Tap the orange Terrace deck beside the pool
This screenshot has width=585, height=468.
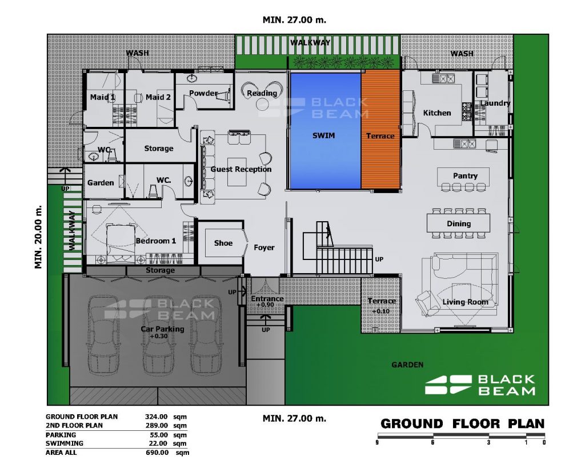click(x=380, y=131)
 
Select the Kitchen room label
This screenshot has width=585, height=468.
click(x=437, y=113)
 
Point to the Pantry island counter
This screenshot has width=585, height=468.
click(x=463, y=177)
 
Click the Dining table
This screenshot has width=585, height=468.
click(x=458, y=223)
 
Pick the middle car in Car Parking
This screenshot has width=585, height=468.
click(x=158, y=334)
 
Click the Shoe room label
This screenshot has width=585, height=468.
click(x=223, y=243)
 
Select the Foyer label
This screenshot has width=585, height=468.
click(x=264, y=247)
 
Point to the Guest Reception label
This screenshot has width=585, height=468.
click(x=241, y=169)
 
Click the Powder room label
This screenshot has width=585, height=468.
click(x=203, y=93)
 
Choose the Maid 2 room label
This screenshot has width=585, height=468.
click(x=158, y=97)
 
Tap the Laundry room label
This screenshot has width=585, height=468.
click(x=495, y=103)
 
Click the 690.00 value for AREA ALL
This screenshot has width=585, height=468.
click(x=157, y=453)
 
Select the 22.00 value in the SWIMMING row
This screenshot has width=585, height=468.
click(x=159, y=443)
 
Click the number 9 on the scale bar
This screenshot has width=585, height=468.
click(x=378, y=443)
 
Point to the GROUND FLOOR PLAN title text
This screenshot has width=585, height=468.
click(x=462, y=424)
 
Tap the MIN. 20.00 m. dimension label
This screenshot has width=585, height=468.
click(x=38, y=237)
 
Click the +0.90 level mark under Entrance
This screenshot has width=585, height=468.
click(x=265, y=305)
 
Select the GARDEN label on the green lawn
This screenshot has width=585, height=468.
click(x=407, y=365)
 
